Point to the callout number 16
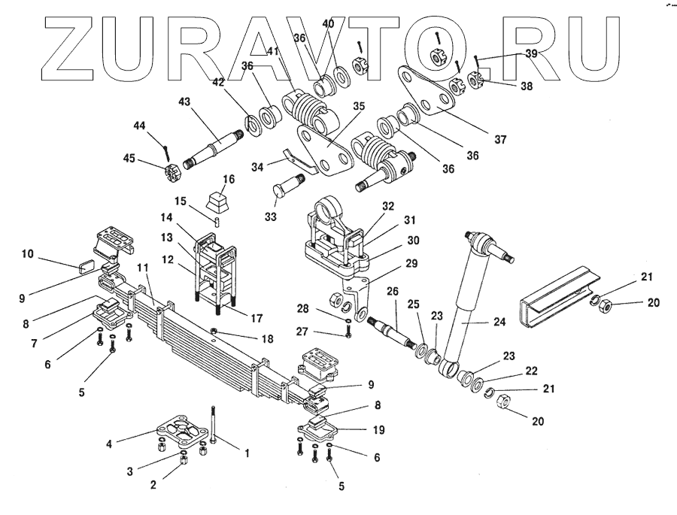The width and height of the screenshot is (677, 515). tap(228, 179)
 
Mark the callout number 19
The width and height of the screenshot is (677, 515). tap(378, 429)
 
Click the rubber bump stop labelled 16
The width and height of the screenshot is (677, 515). tap(220, 201)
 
